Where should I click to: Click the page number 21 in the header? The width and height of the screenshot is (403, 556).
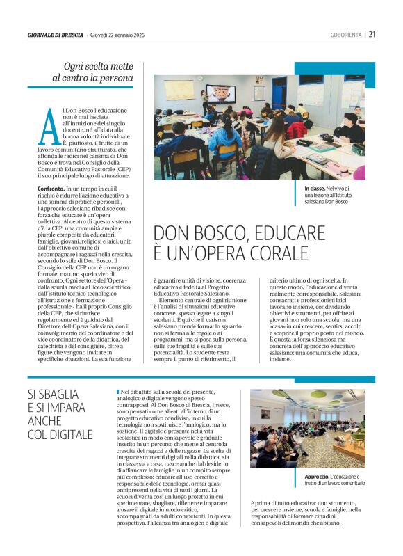click(x=372, y=33)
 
